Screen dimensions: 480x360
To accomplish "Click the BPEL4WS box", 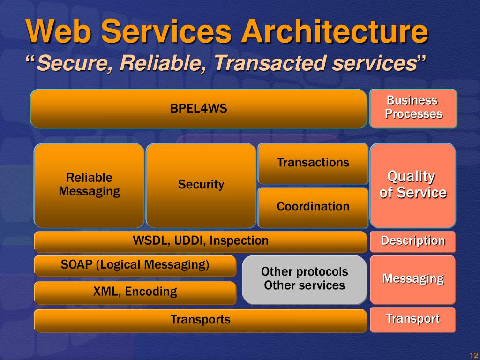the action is [x=198, y=109].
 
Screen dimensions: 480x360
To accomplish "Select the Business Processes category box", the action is [x=413, y=108].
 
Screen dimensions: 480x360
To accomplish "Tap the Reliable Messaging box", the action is [x=89, y=185].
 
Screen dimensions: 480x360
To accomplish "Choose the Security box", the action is [x=201, y=185].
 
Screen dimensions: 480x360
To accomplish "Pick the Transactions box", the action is [x=313, y=163].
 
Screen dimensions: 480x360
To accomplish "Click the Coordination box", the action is [x=313, y=207].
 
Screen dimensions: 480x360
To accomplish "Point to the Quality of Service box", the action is [x=412, y=185].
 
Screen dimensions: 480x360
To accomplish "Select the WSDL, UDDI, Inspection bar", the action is [x=200, y=241].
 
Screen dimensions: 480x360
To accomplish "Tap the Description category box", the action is [x=412, y=241].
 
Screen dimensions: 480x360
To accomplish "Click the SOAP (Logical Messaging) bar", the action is [x=135, y=265].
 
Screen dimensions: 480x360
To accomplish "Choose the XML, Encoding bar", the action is [x=135, y=292].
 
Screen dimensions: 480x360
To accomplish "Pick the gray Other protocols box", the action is [x=304, y=279].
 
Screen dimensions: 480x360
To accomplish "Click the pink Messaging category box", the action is [x=412, y=279].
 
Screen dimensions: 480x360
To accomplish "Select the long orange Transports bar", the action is [x=200, y=320].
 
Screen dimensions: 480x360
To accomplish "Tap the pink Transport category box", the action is [x=412, y=320].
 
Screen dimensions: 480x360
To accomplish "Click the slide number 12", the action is [x=472, y=354].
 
